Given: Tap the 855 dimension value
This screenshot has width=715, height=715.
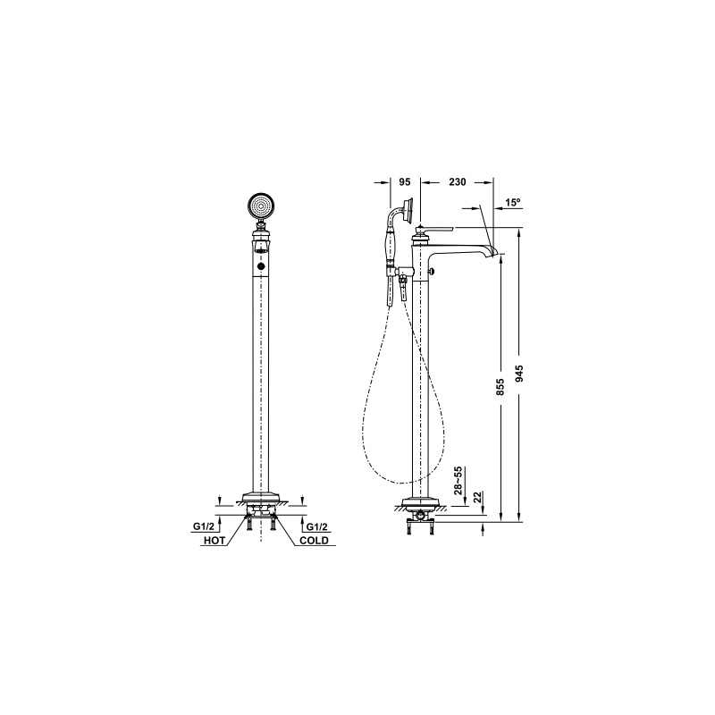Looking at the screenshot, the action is tap(500, 387).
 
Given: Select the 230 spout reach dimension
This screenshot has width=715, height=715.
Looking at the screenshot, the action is tap(458, 182).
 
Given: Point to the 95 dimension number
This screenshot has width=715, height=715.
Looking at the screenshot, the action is tap(405, 182).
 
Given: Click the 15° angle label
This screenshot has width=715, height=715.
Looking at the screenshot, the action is tap(513, 203).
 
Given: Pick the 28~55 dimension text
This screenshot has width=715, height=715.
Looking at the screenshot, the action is tap(458, 481).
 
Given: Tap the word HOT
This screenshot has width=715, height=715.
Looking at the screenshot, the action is tap(214, 541).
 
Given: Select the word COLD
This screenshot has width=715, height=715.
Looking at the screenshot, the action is tap(314, 541).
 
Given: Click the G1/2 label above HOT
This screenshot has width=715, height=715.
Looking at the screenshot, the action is tap(203, 526).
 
